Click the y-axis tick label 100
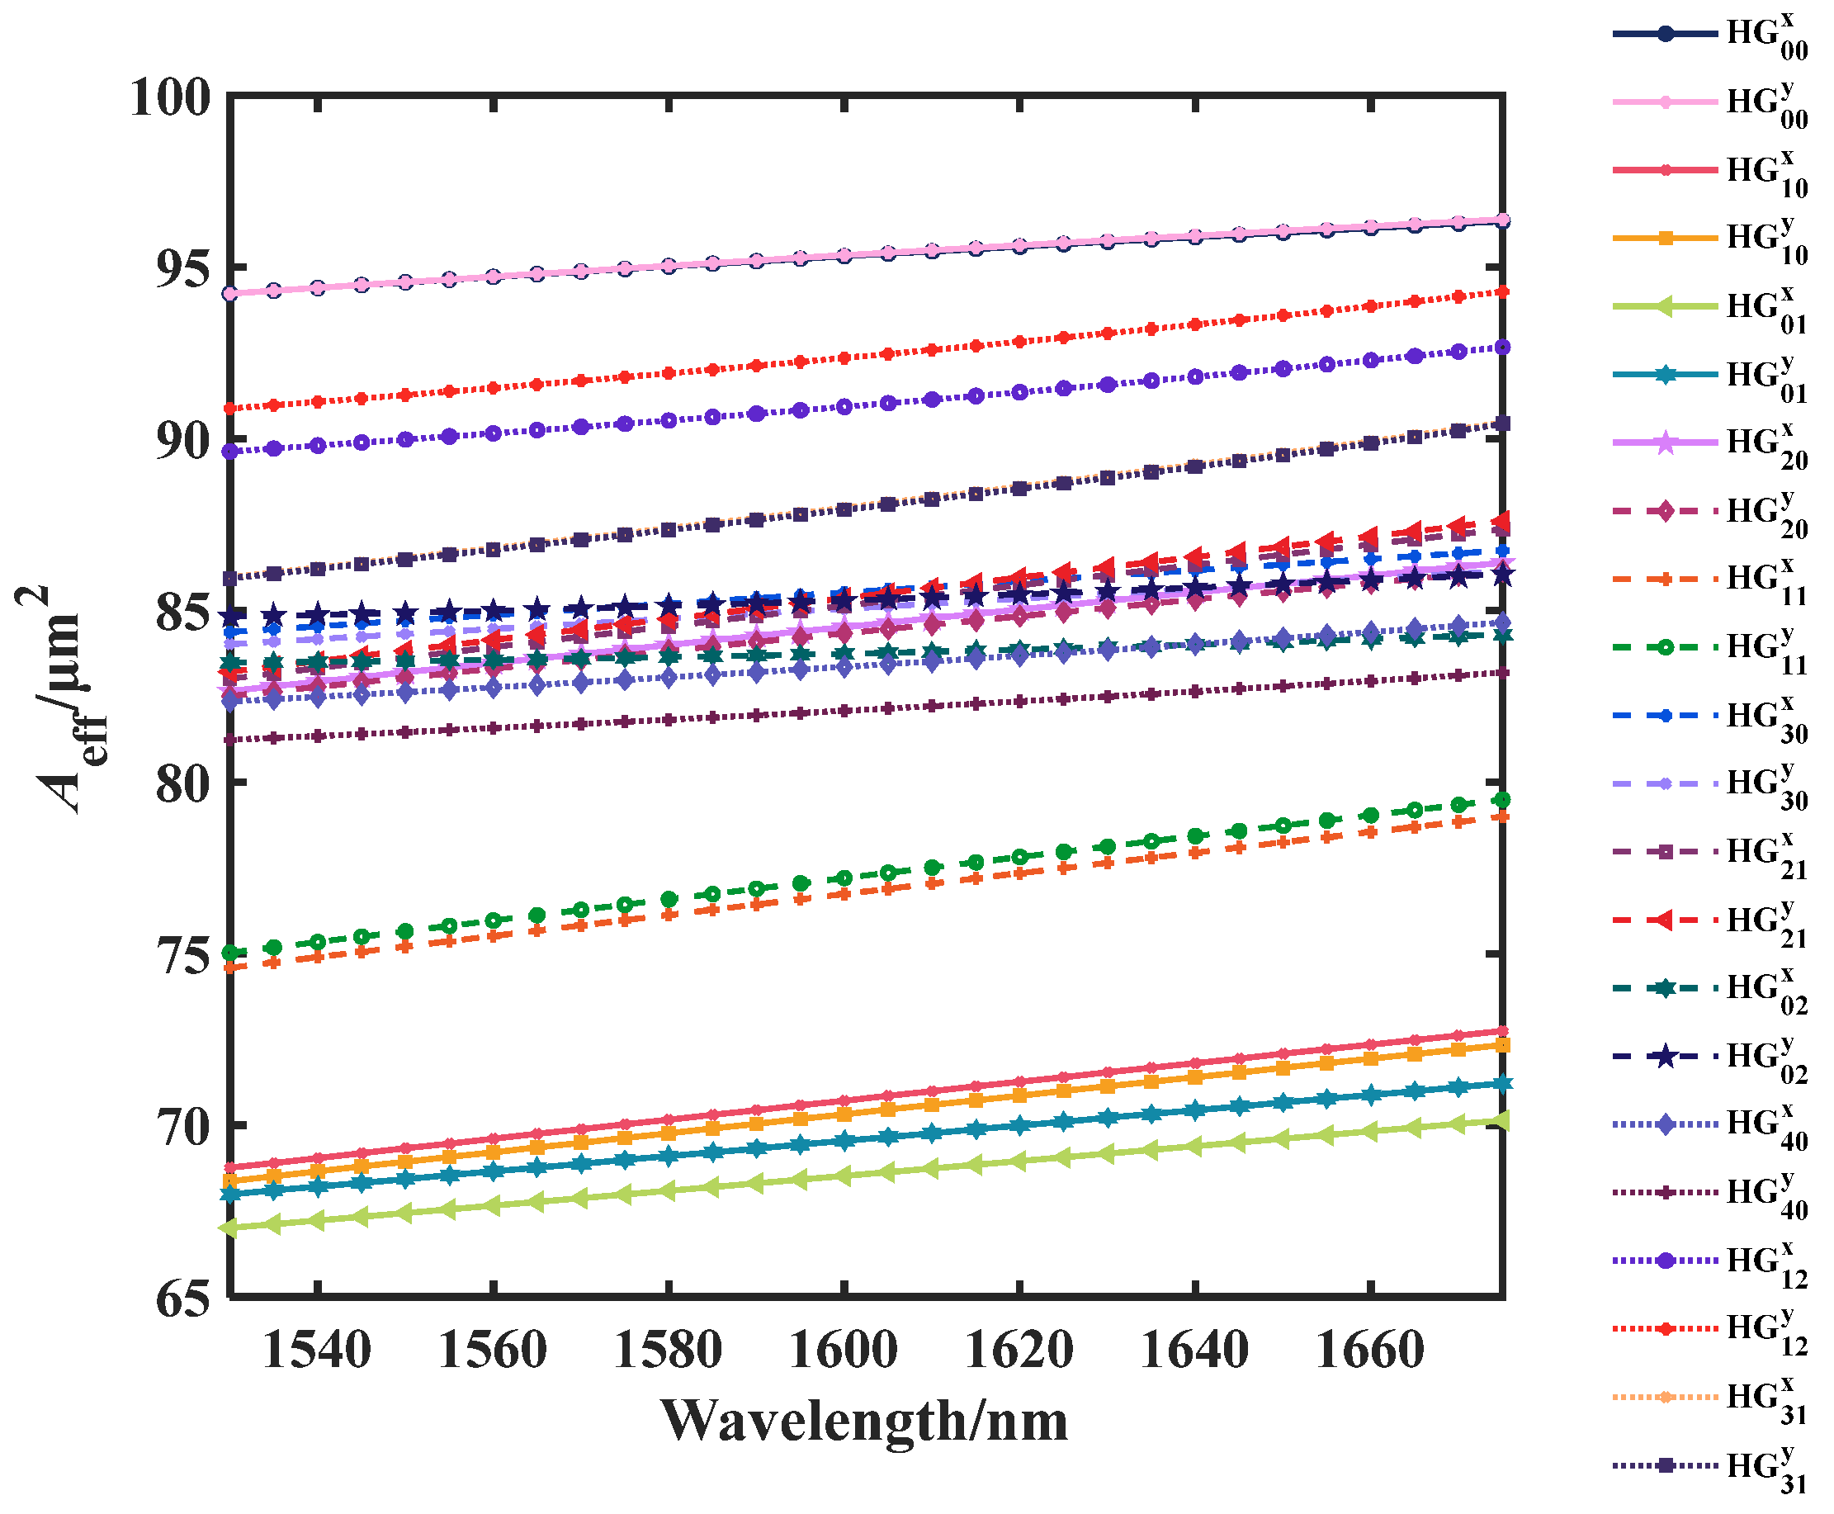(170, 97)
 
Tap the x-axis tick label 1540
(317, 1350)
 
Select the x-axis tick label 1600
(843, 1350)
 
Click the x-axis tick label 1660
(1369, 1350)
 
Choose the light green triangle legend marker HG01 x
(1665, 306)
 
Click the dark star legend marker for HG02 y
(1665, 1057)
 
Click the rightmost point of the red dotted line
(1501, 292)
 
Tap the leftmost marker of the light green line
(229, 1228)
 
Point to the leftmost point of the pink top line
(229, 293)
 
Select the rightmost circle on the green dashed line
(1501, 800)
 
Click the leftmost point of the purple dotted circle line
(229, 452)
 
